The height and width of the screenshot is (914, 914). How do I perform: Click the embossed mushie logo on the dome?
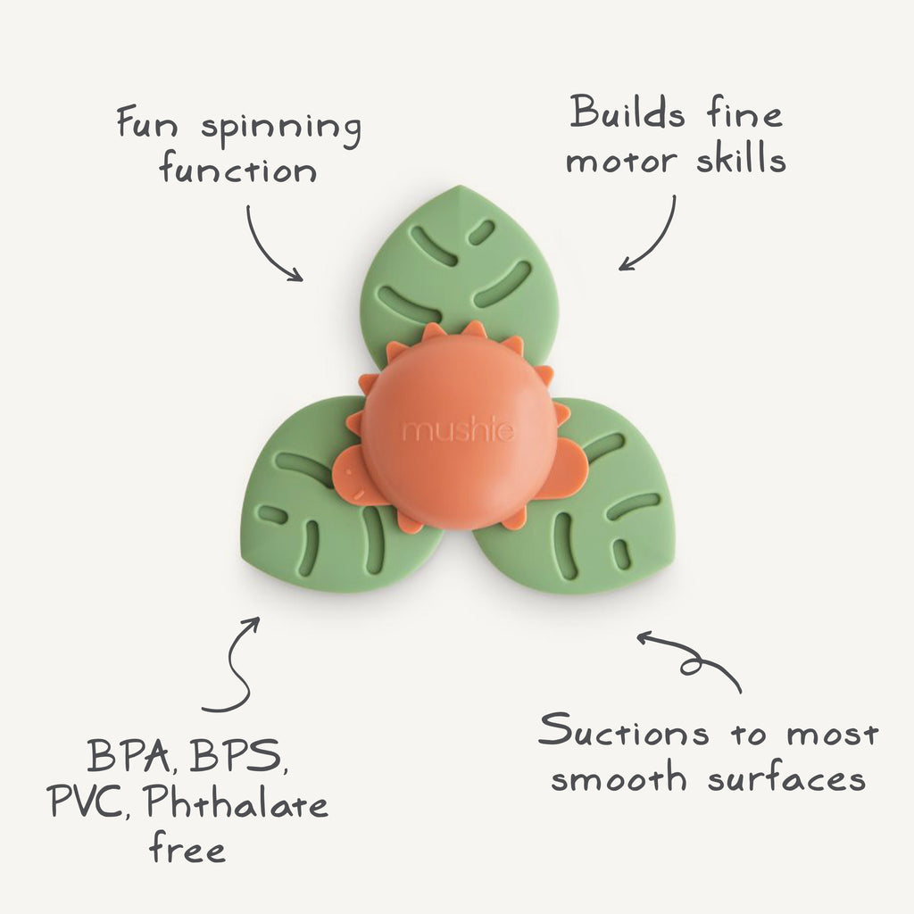point(458,432)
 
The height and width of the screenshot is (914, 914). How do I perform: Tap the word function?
point(237,170)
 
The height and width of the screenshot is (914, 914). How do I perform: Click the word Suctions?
point(622,734)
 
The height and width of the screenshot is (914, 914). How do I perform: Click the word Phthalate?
point(236,805)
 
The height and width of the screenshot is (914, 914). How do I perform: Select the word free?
point(187,848)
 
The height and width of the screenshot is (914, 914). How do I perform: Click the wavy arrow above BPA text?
point(234,665)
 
